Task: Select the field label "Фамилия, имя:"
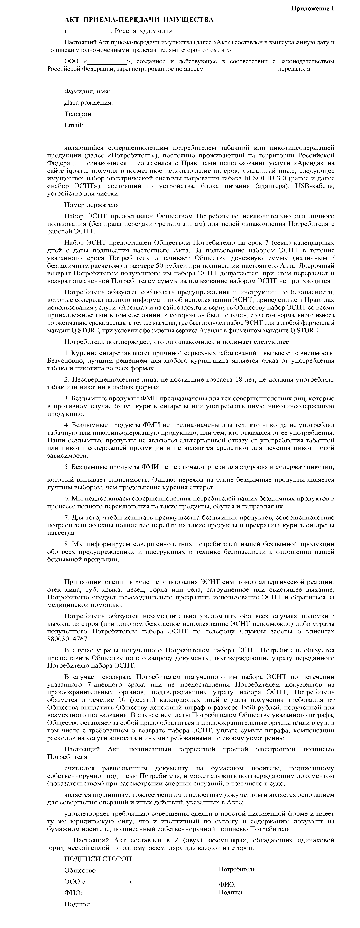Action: [x=87, y=92]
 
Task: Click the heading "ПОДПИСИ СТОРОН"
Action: [x=98, y=859]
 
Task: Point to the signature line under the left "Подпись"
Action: [x=118, y=917]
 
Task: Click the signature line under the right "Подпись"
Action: [x=274, y=912]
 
